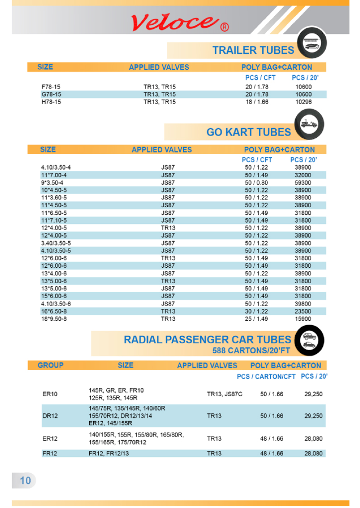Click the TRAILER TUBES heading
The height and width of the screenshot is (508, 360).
point(253,50)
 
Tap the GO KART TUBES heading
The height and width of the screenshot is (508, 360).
point(249,132)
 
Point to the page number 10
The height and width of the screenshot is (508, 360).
point(25,480)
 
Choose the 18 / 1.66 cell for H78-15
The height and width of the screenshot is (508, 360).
point(256,102)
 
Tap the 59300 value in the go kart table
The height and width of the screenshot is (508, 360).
point(303,183)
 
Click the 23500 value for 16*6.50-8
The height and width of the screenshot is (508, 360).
point(303,311)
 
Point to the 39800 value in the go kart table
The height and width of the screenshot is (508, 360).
point(303,304)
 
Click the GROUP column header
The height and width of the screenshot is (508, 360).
point(50,365)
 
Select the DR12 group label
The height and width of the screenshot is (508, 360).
point(50,416)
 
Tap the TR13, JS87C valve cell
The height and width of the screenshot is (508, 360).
point(225,394)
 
